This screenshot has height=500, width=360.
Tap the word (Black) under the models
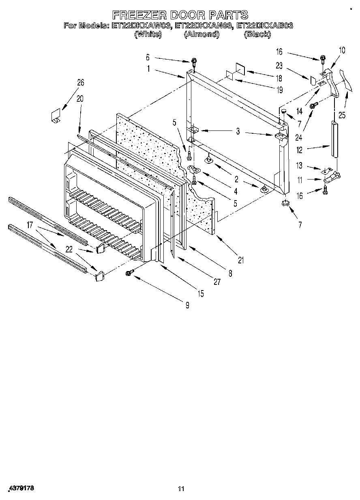click(x=257, y=34)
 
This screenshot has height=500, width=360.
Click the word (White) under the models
click(x=148, y=34)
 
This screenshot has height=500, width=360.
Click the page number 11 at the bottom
click(x=181, y=489)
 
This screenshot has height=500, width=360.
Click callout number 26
click(x=80, y=83)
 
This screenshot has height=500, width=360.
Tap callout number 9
click(x=187, y=306)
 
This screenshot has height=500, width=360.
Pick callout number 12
click(x=299, y=150)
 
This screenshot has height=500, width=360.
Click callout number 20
click(x=79, y=98)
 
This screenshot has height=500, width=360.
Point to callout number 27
click(x=217, y=282)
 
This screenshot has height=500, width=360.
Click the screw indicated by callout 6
click(x=194, y=62)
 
